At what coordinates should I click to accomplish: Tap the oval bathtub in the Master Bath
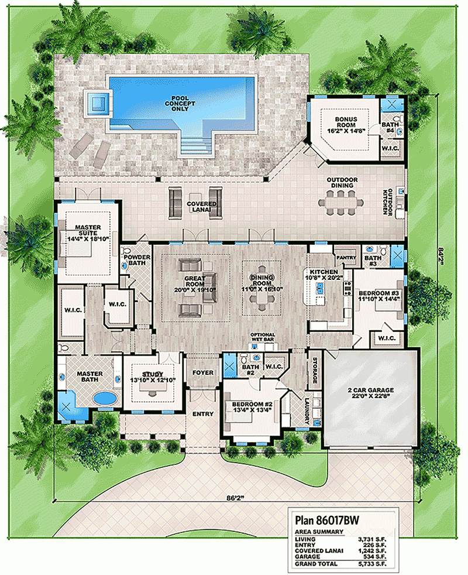pyautogui.click(x=105, y=399)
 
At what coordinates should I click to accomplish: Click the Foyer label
pyautogui.click(x=204, y=372)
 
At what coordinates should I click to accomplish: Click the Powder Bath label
pyautogui.click(x=136, y=259)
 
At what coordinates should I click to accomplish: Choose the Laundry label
pyautogui.click(x=307, y=410)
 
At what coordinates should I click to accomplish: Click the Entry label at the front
pyautogui.click(x=204, y=414)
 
